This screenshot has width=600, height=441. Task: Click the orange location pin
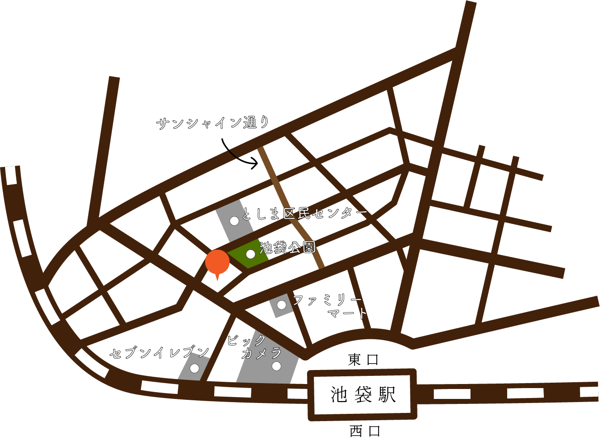coord(217,263)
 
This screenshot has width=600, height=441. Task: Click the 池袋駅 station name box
coord(362,394)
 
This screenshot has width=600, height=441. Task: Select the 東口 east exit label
coord(363,360)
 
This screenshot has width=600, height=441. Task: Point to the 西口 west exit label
coord(365,431)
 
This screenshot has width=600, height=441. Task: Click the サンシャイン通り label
coord(213,123)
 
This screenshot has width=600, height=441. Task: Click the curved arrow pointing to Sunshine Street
coord(238,156)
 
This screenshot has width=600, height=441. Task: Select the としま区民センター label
coord(304,213)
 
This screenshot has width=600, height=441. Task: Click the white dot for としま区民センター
coord(235,221)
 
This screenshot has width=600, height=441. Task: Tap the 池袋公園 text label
coord(288,247)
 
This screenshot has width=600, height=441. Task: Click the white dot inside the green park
coord(250,254)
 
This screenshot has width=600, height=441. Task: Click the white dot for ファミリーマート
coord(282,305)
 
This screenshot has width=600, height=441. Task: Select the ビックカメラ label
coord(254,347)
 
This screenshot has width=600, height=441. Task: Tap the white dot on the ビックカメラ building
coord(276,366)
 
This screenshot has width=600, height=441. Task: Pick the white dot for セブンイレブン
coord(194,368)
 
